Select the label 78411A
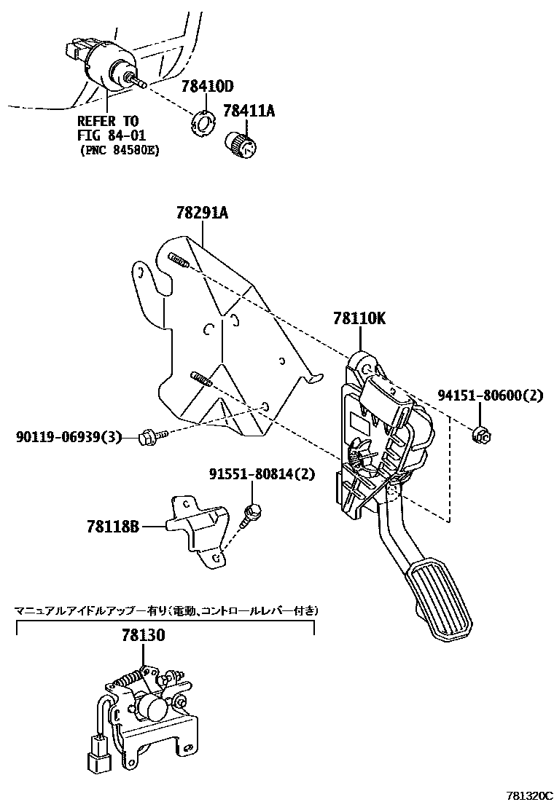(x=249, y=111)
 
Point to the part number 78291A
(x=202, y=213)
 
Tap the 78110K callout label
(x=359, y=318)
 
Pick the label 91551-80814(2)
(x=261, y=474)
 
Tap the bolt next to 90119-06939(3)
(x=152, y=436)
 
